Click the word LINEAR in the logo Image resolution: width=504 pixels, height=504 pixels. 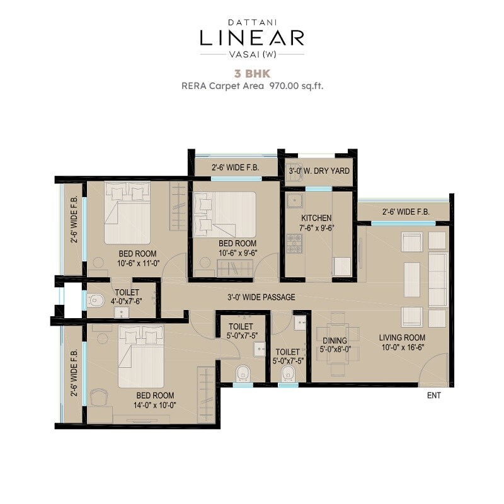(x=252, y=38)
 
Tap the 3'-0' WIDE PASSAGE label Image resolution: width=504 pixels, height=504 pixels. (x=261, y=297)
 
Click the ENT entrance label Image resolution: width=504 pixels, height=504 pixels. (x=433, y=396)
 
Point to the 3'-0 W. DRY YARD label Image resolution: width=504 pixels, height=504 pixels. (x=319, y=171)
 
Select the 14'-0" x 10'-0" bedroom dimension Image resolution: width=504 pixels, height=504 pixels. (x=155, y=405)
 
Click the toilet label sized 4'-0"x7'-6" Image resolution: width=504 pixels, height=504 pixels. (x=127, y=301)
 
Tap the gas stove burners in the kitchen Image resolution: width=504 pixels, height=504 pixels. (x=294, y=243)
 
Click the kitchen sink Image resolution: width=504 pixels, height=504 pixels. (x=294, y=201)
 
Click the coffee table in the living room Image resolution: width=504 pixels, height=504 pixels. (x=411, y=274)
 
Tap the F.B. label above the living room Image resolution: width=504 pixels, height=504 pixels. (x=406, y=212)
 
